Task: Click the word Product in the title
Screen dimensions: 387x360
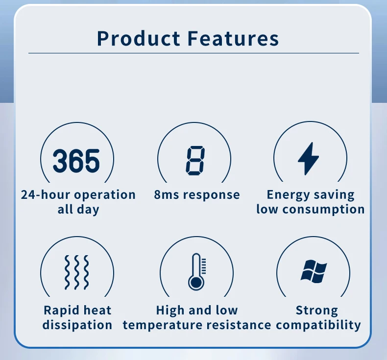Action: click(x=138, y=39)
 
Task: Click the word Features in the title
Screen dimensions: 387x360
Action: click(x=233, y=39)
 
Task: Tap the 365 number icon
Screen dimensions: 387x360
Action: click(x=76, y=161)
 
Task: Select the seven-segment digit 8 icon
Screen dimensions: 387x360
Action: click(x=195, y=161)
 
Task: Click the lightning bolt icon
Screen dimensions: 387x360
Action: click(x=309, y=159)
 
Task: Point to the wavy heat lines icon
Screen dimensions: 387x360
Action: click(x=76, y=272)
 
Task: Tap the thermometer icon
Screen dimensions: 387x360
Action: click(x=197, y=272)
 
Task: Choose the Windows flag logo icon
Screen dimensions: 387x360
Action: click(x=314, y=271)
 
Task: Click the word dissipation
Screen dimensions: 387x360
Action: click(x=77, y=325)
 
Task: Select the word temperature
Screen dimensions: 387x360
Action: click(x=163, y=325)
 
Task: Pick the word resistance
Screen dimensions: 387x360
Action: click(x=239, y=325)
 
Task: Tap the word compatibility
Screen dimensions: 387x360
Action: click(x=318, y=325)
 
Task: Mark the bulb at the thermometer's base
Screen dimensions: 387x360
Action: click(x=196, y=283)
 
